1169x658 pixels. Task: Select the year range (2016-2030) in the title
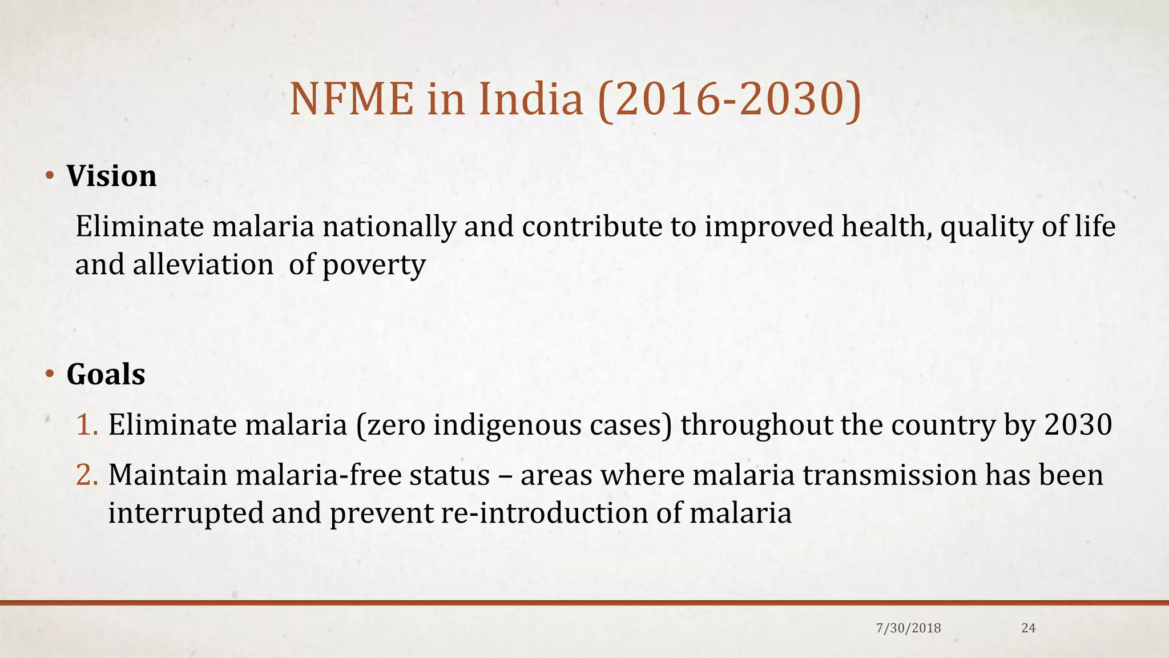tap(729, 100)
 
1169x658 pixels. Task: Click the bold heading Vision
tap(111, 176)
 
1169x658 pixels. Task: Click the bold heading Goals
tap(106, 375)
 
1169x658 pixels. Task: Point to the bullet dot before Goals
tap(50, 375)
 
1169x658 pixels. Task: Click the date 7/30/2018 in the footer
tap(908, 628)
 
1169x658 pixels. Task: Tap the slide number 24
tap(1028, 628)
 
